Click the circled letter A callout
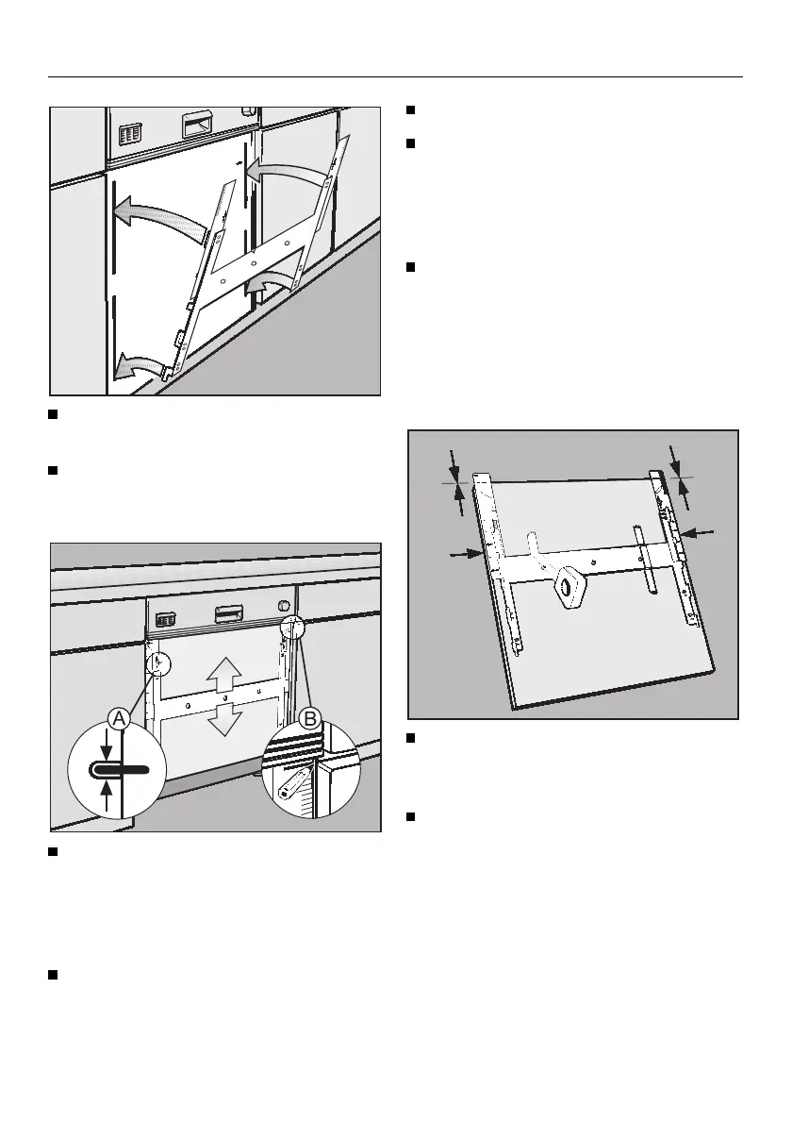(119, 719)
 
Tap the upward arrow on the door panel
(223, 674)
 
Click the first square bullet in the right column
(412, 110)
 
